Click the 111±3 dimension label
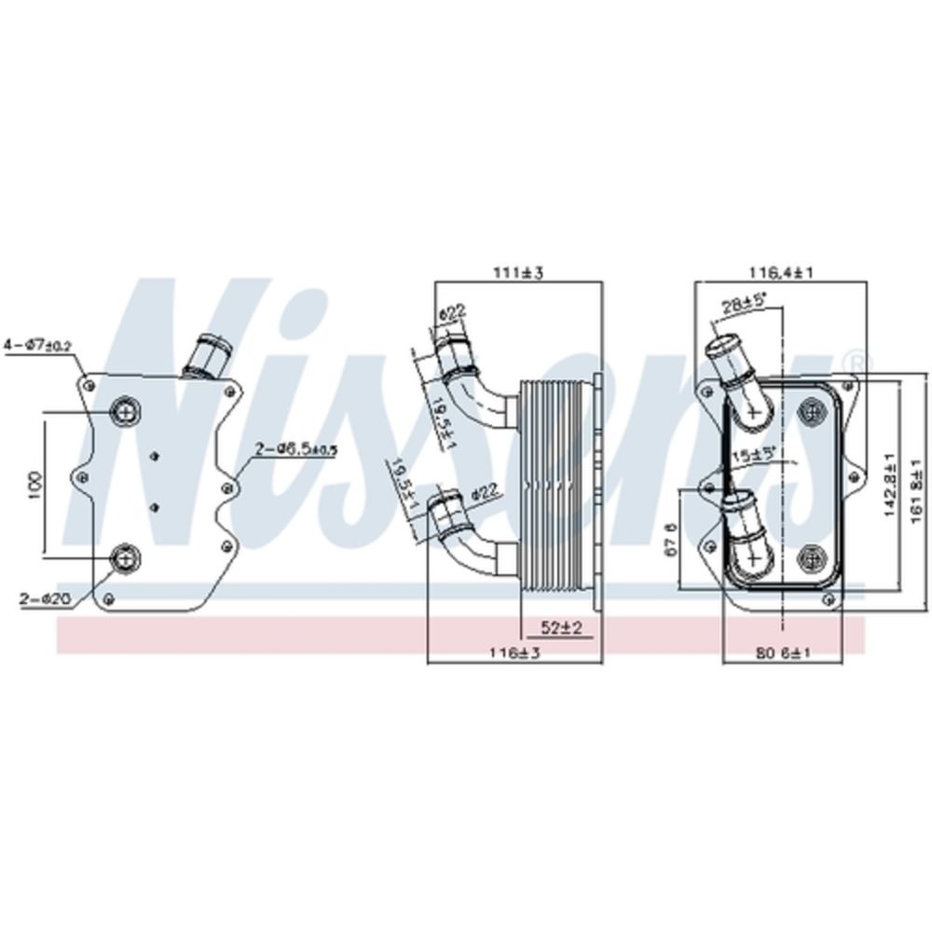tap(518, 273)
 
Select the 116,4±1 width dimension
tap(783, 273)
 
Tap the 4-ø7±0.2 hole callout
tap(37, 346)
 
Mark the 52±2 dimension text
tap(562, 629)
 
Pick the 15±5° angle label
tap(752, 456)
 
